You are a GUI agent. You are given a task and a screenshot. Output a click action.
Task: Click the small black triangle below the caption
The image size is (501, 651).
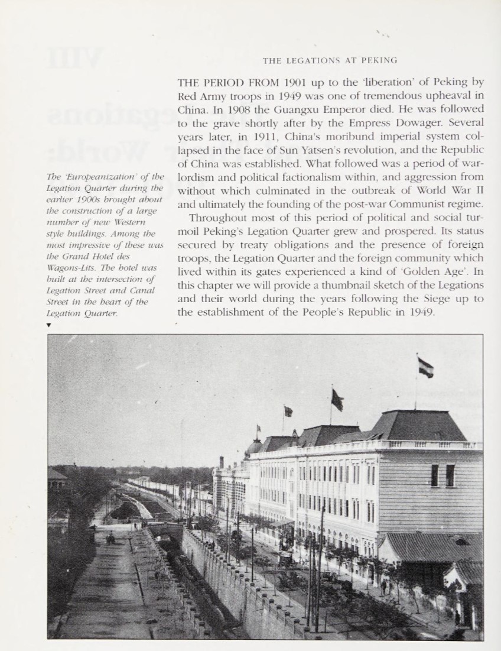coord(48,325)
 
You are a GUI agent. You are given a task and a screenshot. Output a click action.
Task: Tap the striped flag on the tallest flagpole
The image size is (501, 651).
coord(425,368)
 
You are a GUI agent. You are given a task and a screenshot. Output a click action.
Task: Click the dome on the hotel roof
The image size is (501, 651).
coord(254,446)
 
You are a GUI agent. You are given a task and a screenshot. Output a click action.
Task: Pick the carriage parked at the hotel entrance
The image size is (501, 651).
coord(287,559)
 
